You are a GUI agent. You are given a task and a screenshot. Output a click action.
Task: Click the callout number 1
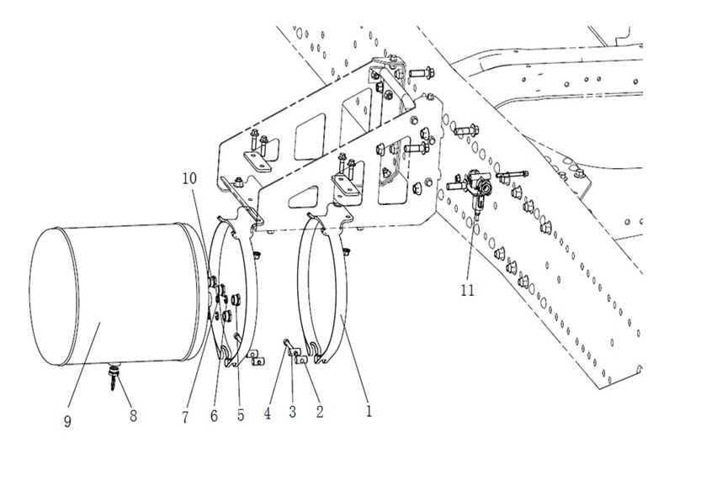tap(369, 411)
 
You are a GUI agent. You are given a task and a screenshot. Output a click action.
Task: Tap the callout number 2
tap(319, 411)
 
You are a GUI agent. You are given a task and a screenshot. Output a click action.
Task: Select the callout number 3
tap(292, 411)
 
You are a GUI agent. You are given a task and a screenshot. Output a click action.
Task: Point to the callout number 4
tap(268, 414)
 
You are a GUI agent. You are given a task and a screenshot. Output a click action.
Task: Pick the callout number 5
tap(241, 415)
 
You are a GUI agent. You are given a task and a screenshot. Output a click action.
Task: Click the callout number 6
tap(214, 415)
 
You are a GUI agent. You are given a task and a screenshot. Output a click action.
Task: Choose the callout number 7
tap(185, 417)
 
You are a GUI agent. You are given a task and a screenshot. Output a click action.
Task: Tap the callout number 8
tap(133, 415)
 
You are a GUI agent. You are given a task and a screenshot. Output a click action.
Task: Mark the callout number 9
tap(67, 421)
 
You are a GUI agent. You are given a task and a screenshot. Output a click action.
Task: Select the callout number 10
tap(189, 179)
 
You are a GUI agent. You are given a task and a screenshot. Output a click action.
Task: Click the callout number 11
tap(467, 290)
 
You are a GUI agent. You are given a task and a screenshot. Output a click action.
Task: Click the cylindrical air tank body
tap(117, 296)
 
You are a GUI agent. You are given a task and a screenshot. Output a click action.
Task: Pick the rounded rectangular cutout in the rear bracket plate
tap(311, 137)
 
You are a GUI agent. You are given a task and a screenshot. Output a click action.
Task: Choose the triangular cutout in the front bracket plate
tap(305, 196)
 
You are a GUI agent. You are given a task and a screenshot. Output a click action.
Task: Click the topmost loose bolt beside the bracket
tap(422, 71)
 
